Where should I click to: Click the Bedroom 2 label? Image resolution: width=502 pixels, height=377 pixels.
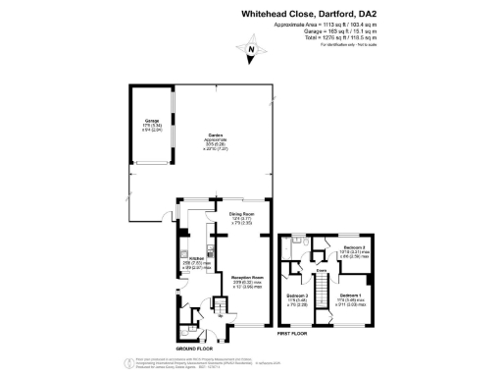354,247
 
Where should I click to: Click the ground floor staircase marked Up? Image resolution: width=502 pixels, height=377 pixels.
221,310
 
